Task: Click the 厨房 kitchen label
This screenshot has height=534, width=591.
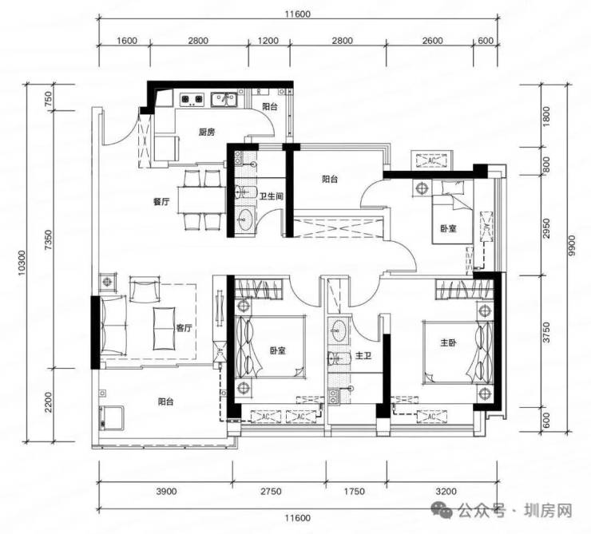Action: (207, 133)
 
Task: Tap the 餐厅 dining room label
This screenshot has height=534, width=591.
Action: (161, 201)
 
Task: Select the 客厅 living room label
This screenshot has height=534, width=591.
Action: (184, 328)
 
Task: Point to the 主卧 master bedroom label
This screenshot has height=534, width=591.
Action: (449, 342)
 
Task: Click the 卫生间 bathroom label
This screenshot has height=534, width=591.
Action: (272, 196)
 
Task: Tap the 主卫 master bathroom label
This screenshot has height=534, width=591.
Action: (363, 355)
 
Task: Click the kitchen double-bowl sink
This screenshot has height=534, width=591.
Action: (224, 100)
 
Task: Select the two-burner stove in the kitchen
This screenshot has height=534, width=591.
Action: (192, 99)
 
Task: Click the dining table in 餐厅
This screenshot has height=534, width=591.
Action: (201, 200)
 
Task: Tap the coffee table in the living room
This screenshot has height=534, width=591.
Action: (164, 328)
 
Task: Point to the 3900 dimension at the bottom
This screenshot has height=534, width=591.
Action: (166, 492)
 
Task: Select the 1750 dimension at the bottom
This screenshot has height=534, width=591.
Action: (355, 492)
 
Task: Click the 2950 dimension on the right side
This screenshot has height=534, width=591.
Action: (547, 228)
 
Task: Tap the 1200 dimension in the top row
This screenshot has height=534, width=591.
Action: (268, 41)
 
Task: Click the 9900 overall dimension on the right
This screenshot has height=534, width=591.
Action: (572, 246)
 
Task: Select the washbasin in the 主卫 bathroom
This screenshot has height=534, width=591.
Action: (338, 330)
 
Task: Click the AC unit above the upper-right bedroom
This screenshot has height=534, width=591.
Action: (432, 160)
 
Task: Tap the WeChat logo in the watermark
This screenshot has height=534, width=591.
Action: (442, 510)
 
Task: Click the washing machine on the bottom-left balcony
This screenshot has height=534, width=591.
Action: (111, 417)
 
